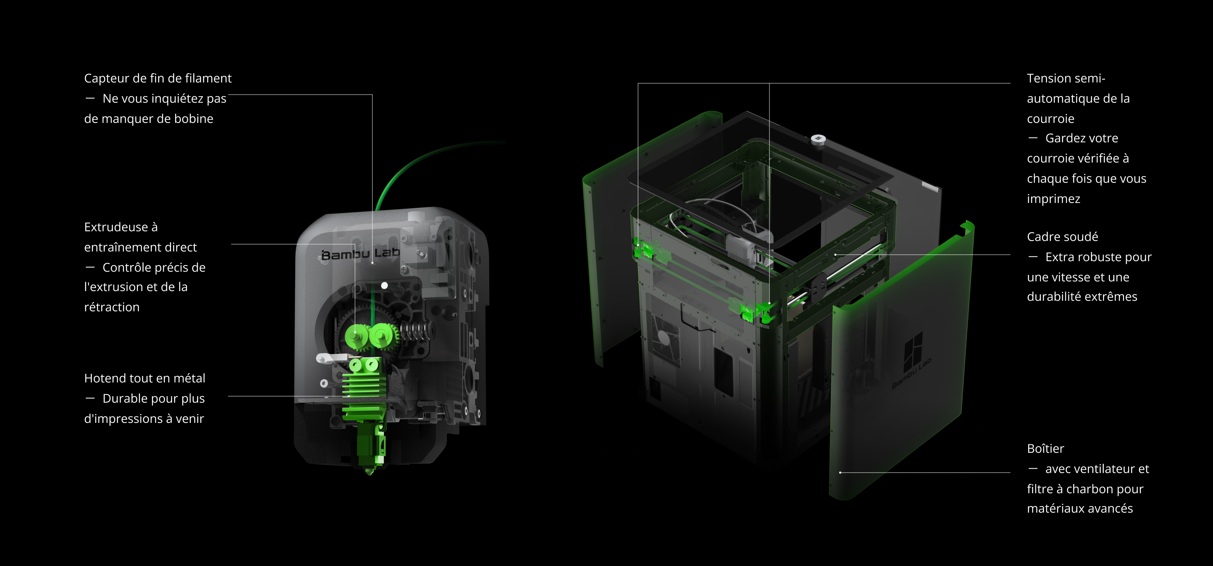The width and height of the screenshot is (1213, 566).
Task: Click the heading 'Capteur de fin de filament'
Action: (158, 78)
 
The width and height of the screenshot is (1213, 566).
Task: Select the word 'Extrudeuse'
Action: (116, 227)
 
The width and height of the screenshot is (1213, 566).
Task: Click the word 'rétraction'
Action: (112, 307)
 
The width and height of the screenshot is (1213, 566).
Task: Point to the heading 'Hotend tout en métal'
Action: (145, 378)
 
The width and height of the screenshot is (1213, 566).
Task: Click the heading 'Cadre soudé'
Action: (1062, 237)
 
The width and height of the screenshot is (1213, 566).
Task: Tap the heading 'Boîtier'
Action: (1045, 448)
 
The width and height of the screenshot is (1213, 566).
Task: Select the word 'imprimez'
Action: (1053, 199)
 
